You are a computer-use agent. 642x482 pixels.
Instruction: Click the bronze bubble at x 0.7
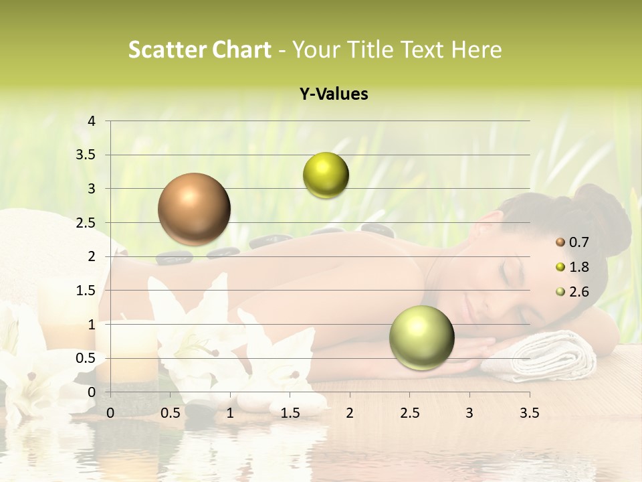pos(194,209)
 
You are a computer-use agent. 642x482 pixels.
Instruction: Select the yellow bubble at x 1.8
pos(326,175)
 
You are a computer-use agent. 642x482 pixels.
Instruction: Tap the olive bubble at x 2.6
pos(421,337)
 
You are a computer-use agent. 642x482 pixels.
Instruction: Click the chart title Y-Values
pos(334,94)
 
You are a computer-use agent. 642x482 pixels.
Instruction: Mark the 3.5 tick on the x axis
pos(529,413)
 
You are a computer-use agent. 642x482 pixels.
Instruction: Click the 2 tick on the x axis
pos(350,413)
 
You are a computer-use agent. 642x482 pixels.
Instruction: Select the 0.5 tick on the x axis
pos(171,413)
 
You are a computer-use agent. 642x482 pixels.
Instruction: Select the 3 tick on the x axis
pos(469,413)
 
